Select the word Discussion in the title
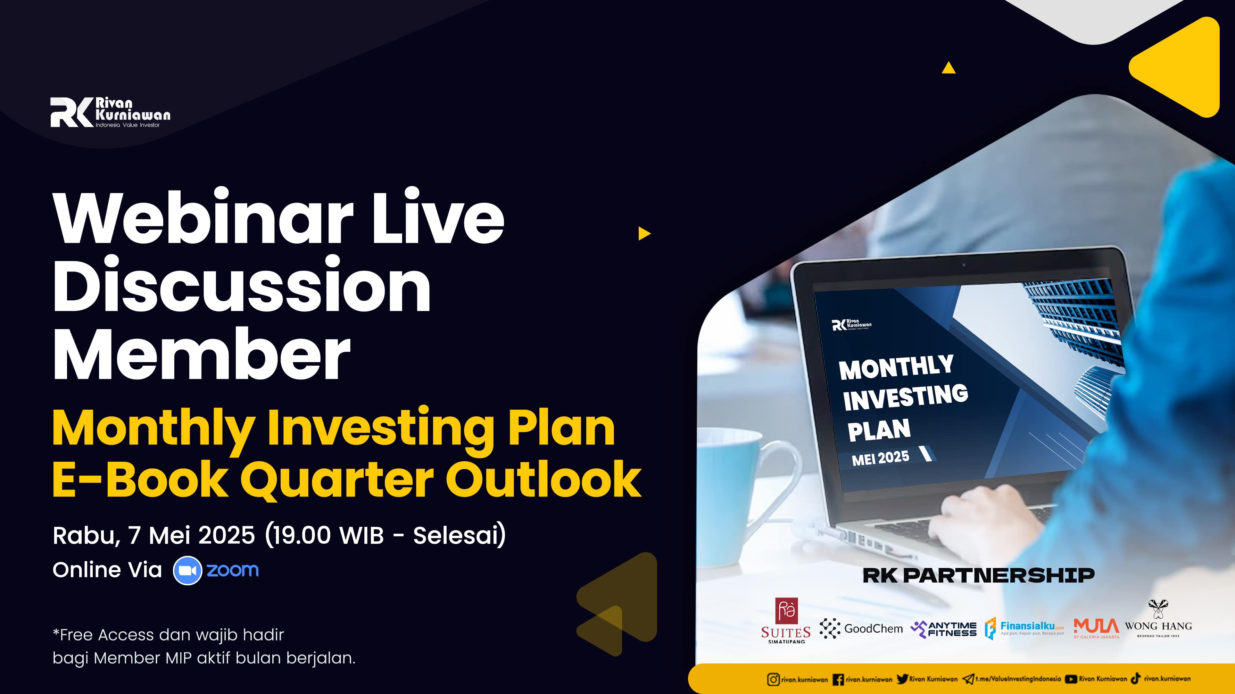[242, 285]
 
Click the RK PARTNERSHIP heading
[978, 575]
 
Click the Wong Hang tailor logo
[1158, 619]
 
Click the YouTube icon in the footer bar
[1071, 679]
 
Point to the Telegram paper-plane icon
[968, 679]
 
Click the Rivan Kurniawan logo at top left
[110, 112]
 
